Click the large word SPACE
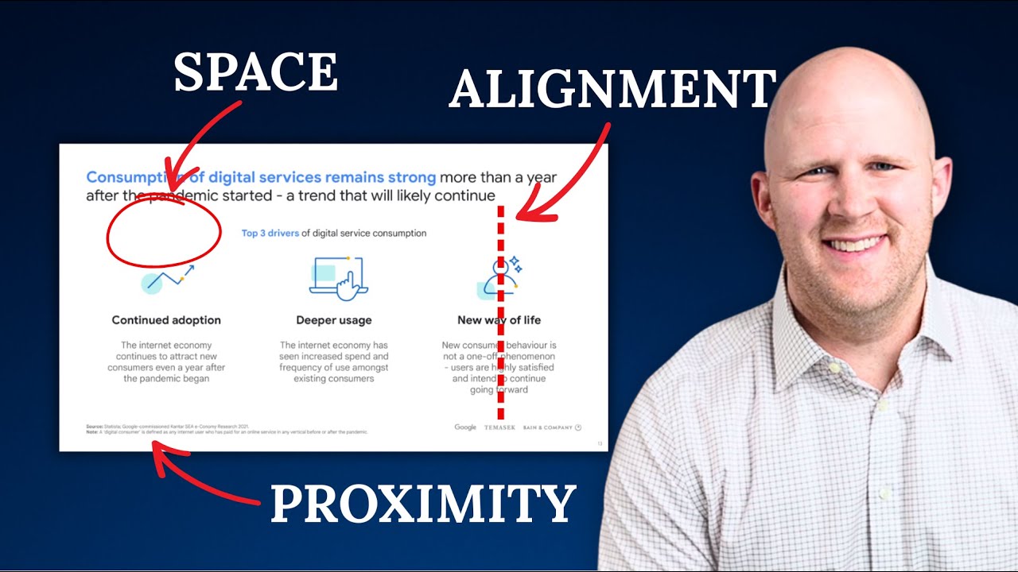[x=256, y=72]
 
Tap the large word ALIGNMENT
[x=612, y=89]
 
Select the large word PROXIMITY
[x=422, y=504]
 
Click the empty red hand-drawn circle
[x=164, y=232]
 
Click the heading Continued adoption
[x=166, y=320]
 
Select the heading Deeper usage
[x=334, y=320]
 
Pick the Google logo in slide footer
[x=465, y=427]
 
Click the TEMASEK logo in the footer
[x=501, y=427]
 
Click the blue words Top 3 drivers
[x=270, y=234]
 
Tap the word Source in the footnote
[x=94, y=427]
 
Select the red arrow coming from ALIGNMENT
[x=569, y=175]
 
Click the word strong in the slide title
[x=412, y=177]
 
